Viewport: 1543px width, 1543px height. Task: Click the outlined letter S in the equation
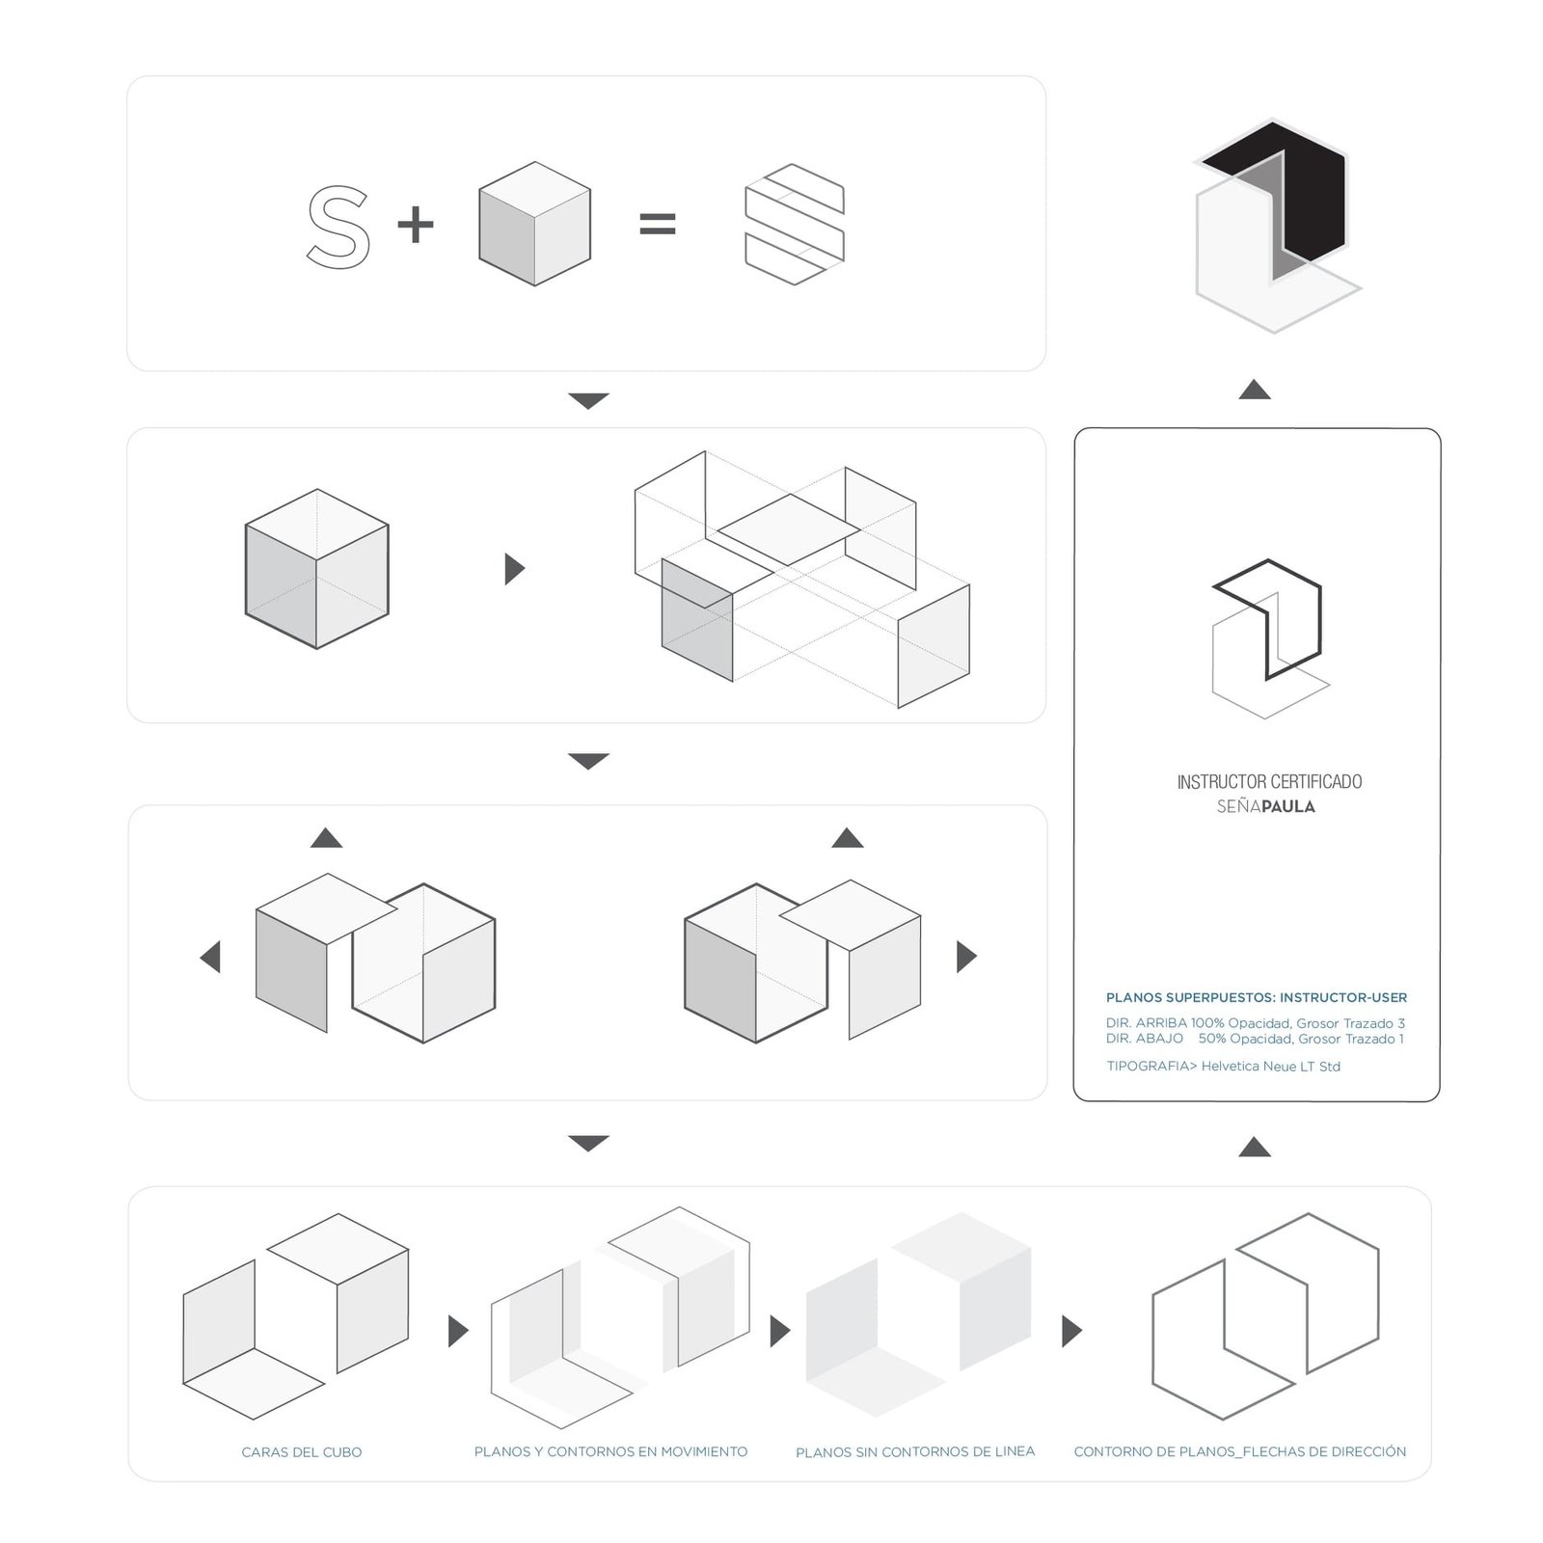[338, 228]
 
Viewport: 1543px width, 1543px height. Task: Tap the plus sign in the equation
[416, 226]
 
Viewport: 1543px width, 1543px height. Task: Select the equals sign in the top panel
[658, 226]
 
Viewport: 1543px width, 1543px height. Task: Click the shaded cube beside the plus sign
[534, 224]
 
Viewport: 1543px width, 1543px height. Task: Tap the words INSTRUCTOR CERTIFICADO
[1269, 781]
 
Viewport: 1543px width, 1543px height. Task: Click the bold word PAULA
[1288, 806]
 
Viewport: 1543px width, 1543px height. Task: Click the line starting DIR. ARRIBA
[1256, 1023]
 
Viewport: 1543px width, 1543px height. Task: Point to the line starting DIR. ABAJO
[1255, 1039]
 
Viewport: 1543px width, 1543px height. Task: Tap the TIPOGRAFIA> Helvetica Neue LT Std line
[1223, 1066]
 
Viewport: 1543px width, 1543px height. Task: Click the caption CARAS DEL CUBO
[302, 1452]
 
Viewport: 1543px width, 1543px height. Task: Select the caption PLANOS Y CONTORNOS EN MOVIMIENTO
[610, 1451]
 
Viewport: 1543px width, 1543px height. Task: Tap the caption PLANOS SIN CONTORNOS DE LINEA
[915, 1451]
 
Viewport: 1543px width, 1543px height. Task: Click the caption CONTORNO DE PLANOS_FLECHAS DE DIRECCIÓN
[1240, 1451]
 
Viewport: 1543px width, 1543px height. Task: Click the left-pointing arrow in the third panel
[210, 957]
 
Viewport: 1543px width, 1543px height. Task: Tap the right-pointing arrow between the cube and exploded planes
[515, 569]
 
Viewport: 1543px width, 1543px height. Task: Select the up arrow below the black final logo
[1255, 390]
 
